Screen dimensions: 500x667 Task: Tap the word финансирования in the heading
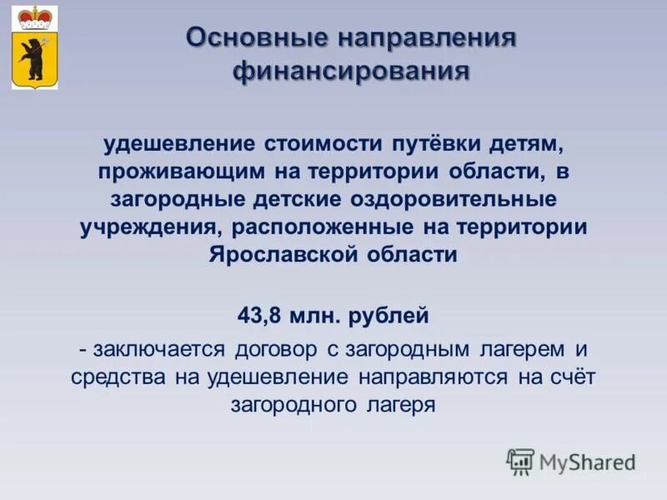pyautogui.click(x=351, y=72)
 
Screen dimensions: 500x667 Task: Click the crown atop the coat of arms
pyautogui.click(x=35, y=16)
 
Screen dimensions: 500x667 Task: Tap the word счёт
pyautogui.click(x=574, y=377)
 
